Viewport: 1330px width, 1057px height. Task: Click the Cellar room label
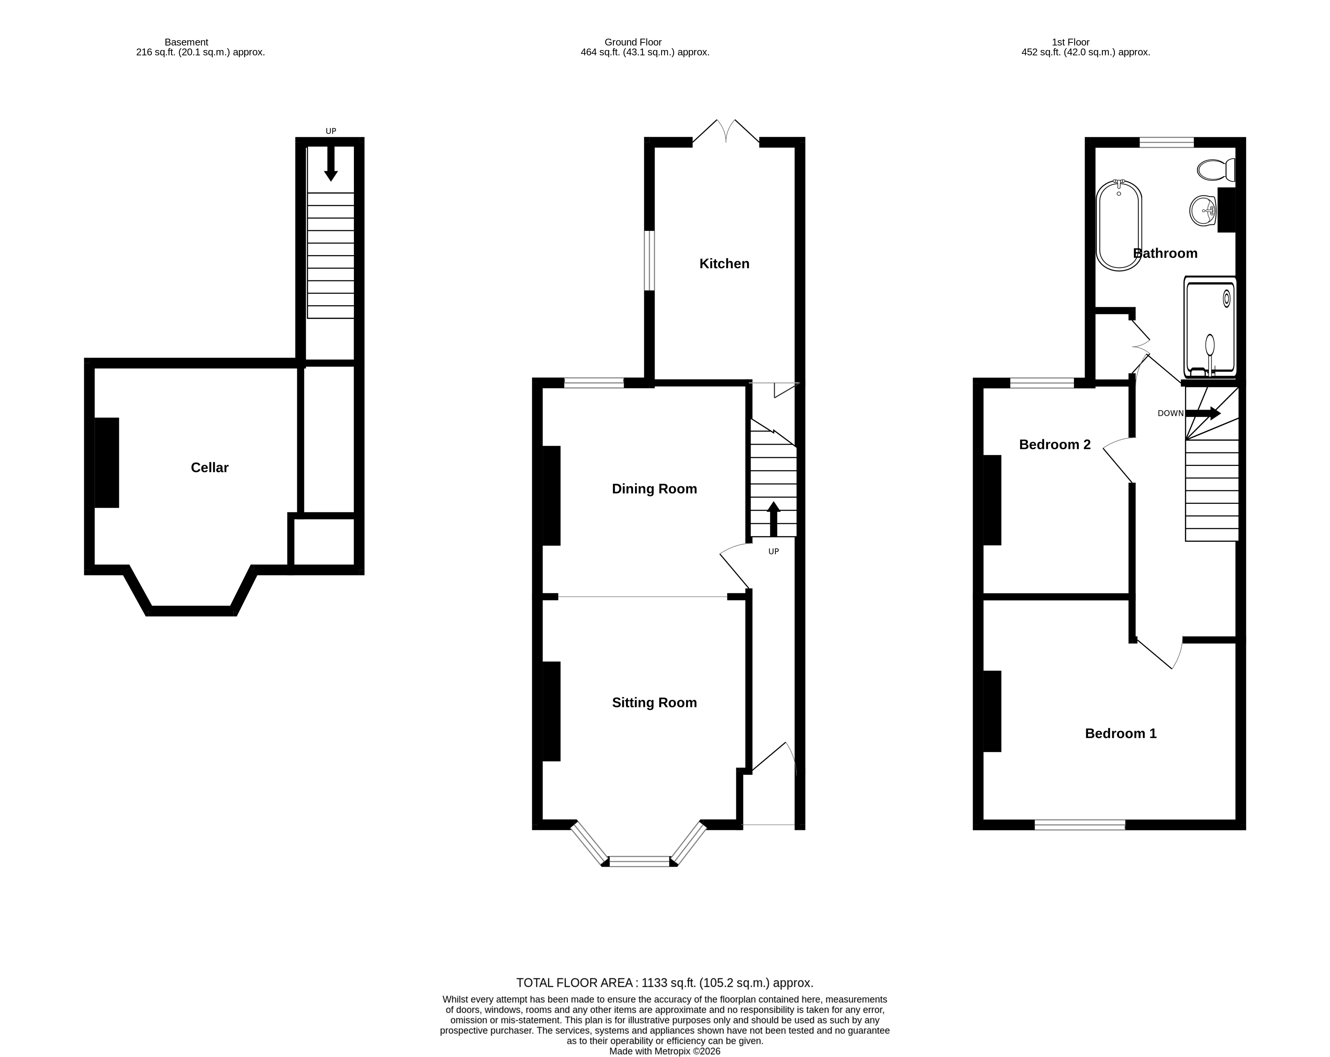pyautogui.click(x=210, y=467)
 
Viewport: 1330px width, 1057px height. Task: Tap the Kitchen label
pyautogui.click(x=724, y=264)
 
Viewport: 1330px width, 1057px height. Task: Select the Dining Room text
pyautogui.click(x=654, y=489)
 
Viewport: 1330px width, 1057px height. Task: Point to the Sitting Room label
pyautogui.click(x=654, y=703)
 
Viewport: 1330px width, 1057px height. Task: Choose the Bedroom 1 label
pyautogui.click(x=1120, y=733)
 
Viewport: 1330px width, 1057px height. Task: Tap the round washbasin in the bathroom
pyautogui.click(x=1203, y=211)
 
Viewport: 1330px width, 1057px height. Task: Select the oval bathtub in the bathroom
pyautogui.click(x=1119, y=226)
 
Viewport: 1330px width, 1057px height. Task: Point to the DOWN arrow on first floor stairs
pyautogui.click(x=1203, y=413)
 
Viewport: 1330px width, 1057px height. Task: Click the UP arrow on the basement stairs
pyautogui.click(x=331, y=163)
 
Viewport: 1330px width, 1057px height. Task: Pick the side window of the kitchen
pyautogui.click(x=649, y=260)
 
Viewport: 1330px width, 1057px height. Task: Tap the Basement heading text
pyautogui.click(x=186, y=42)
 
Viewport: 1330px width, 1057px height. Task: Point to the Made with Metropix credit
pyautogui.click(x=664, y=1051)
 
